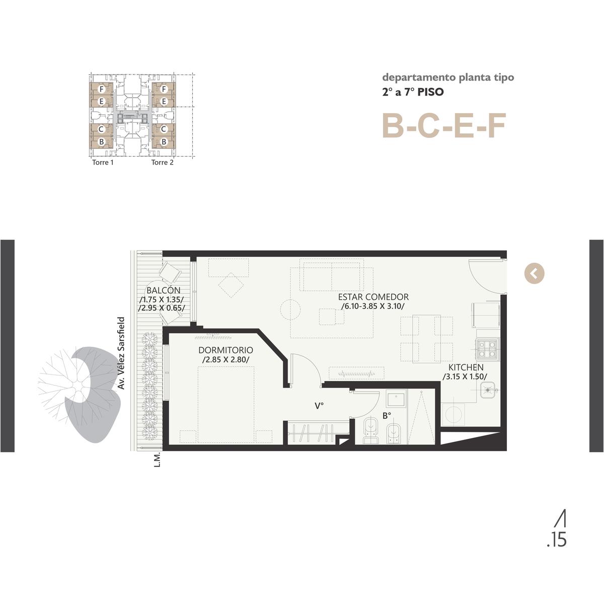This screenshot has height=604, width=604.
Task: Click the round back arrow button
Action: [534, 274]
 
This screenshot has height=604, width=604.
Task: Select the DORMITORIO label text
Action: [225, 350]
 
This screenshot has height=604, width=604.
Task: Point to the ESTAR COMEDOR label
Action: [373, 297]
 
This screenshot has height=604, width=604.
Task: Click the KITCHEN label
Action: [466, 367]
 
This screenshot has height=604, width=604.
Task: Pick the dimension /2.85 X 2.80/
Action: [226, 359]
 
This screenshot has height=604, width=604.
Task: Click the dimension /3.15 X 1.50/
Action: [465, 376]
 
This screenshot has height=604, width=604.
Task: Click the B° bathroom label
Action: [387, 416]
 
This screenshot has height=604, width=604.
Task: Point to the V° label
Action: [319, 406]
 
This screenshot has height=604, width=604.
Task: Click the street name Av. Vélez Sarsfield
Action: [121, 353]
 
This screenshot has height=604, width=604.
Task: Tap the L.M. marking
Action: [158, 459]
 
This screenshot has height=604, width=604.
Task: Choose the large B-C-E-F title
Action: [444, 126]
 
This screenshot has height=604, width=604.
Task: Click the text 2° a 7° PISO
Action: [413, 92]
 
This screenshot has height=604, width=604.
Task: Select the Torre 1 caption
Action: [103, 163]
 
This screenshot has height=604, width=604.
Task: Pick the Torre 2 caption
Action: [163, 163]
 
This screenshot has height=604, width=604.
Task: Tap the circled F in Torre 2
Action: [163, 89]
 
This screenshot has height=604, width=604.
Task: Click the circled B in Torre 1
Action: [101, 141]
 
